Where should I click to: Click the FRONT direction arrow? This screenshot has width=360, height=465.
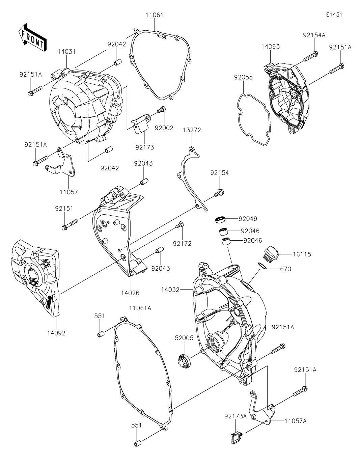click(x=32, y=37)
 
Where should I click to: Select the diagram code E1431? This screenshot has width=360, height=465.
click(x=334, y=15)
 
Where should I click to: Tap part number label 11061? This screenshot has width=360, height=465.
click(x=155, y=15)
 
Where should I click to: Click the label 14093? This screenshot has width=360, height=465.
click(x=270, y=47)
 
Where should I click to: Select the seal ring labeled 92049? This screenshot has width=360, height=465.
click(x=221, y=220)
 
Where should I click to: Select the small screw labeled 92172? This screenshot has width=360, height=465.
click(x=179, y=225)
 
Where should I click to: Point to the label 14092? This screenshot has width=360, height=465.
click(x=56, y=333)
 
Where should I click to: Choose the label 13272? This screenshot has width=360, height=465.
click(x=192, y=130)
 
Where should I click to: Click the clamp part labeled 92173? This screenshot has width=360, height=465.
click(x=140, y=125)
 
